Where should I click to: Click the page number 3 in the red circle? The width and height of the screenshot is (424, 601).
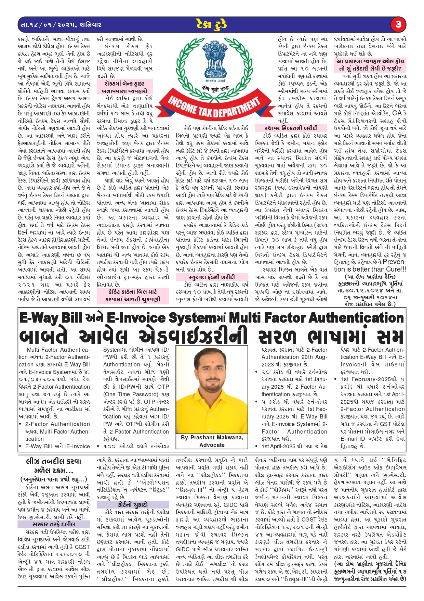398,24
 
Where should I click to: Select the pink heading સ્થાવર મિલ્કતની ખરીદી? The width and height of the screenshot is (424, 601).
291,128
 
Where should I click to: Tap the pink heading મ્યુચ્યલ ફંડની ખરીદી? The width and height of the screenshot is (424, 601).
212,277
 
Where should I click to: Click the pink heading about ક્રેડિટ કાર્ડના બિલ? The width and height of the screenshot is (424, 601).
133,296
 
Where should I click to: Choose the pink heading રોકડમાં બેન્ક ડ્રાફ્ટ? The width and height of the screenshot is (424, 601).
124,87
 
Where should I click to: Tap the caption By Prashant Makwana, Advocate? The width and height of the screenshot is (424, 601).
212,441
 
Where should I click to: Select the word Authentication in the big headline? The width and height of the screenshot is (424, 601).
352,318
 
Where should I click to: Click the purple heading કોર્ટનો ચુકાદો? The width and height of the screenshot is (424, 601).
133,504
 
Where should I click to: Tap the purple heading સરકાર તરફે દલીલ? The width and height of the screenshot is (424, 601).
54,524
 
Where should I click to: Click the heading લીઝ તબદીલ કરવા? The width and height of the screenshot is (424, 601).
54,462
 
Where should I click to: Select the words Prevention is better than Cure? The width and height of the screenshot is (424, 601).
370,265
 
